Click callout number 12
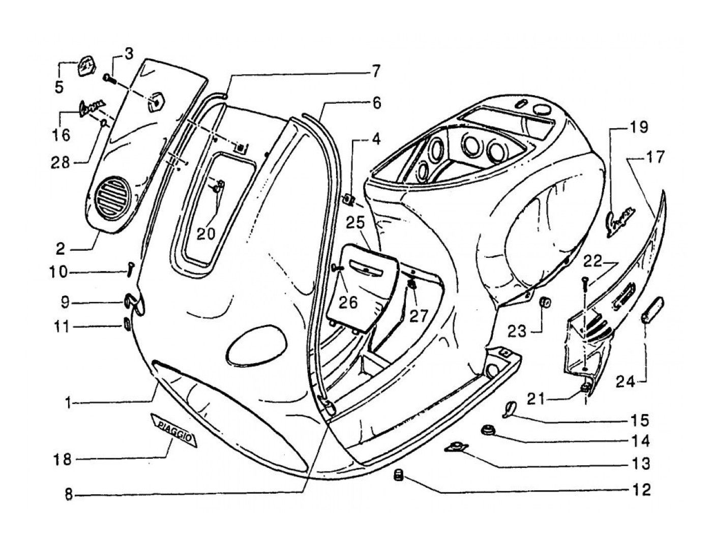(x=641, y=490)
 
